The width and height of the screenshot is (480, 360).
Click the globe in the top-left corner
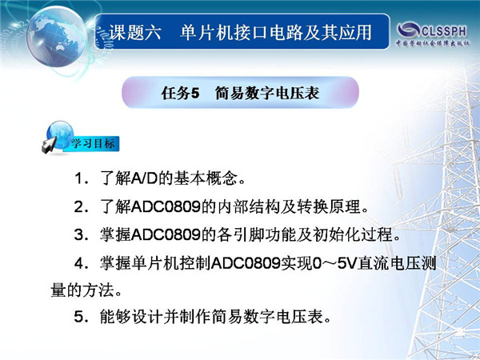(x=57, y=37)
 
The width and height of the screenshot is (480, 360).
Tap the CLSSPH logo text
(x=445, y=31)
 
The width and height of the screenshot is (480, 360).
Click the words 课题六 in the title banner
(x=135, y=33)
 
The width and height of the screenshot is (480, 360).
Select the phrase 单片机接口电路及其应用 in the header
(x=276, y=33)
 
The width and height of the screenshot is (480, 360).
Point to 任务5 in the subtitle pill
(x=180, y=93)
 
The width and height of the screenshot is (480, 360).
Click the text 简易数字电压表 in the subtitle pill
(x=267, y=93)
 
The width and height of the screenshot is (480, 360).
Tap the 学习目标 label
(x=93, y=143)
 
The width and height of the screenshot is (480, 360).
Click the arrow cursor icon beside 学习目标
(x=49, y=145)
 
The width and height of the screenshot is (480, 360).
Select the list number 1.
(x=79, y=178)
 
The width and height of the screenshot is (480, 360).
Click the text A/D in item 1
(x=145, y=178)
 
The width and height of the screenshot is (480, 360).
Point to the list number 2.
(x=79, y=207)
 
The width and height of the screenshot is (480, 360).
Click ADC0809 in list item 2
(x=166, y=207)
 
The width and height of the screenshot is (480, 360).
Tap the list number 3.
(x=79, y=234)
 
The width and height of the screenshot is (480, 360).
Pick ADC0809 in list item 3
(x=166, y=234)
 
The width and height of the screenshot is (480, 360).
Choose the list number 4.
(x=79, y=263)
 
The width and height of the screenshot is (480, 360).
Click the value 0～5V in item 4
(x=335, y=263)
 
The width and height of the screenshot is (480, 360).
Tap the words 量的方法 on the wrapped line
(x=82, y=290)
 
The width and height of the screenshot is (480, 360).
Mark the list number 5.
(x=79, y=316)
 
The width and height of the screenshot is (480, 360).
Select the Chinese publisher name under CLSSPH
(x=433, y=43)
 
